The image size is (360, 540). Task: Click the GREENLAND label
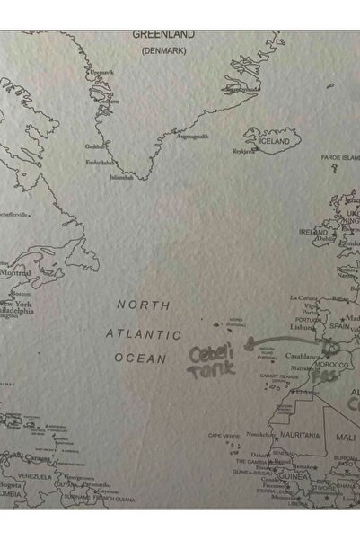pyautogui.click(x=162, y=34)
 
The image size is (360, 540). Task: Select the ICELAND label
pyautogui.click(x=275, y=142)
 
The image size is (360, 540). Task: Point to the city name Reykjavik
pyautogui.click(x=244, y=152)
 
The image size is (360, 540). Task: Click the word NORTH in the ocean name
pyautogui.click(x=143, y=305)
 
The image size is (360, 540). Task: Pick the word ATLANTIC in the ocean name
pyautogui.click(x=143, y=333)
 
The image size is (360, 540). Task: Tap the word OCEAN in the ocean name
pyautogui.click(x=139, y=359)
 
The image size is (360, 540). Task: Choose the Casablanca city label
pyautogui.click(x=303, y=356)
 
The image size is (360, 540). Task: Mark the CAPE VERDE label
pyautogui.click(x=224, y=436)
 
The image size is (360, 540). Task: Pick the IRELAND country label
pyautogui.click(x=314, y=231)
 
